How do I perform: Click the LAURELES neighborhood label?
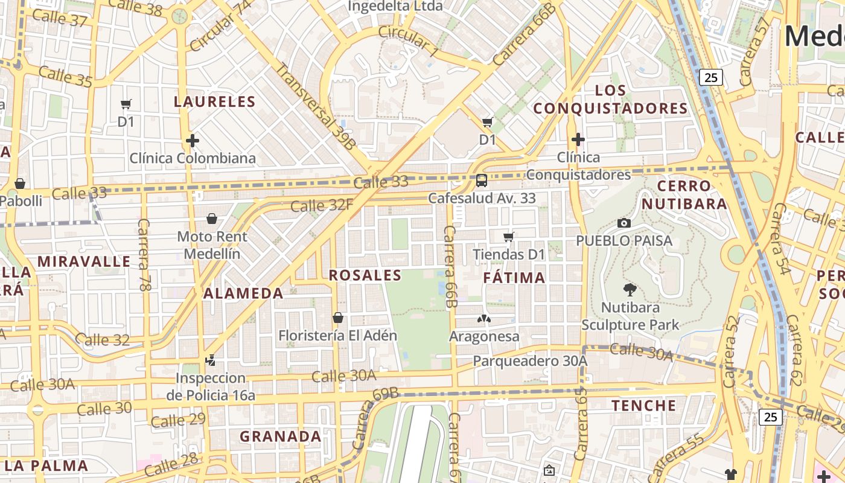coord(214,101)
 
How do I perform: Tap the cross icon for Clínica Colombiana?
coord(193,141)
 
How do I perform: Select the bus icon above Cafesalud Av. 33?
coord(481,180)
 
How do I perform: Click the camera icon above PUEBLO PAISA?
coord(624,223)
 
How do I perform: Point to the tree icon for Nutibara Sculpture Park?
coord(630,290)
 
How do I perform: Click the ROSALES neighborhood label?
coord(365,275)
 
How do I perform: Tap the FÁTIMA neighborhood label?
coord(514,278)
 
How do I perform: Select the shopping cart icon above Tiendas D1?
coord(509,237)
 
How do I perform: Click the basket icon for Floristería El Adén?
coord(338,318)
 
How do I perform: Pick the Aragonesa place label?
coord(484,336)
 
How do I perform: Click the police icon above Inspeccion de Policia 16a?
coord(210,360)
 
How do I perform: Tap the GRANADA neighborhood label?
coord(281,436)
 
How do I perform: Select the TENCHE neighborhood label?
coord(644,405)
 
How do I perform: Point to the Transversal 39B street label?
coord(316,106)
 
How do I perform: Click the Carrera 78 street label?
coord(144,255)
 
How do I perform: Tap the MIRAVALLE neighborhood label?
coord(84,261)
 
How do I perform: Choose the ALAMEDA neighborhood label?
coord(243,293)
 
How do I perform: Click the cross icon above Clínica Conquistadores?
coord(578,139)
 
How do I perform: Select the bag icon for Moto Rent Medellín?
coord(212,219)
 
